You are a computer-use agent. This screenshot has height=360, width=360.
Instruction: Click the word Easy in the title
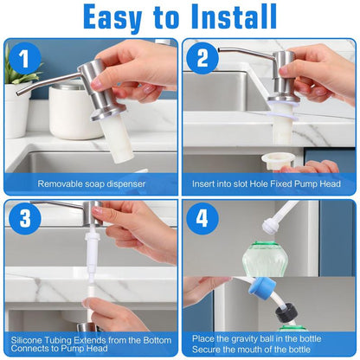121,17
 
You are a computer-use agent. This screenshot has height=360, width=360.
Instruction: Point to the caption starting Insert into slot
268,184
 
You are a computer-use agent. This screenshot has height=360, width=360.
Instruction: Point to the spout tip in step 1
19,89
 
